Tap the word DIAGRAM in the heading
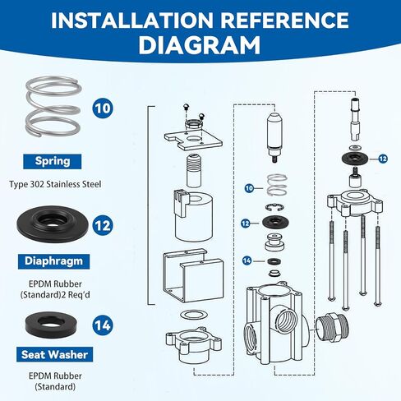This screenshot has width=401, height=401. pyautogui.click(x=200, y=46)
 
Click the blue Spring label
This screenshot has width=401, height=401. pyautogui.click(x=52, y=161)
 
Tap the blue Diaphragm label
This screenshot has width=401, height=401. pyautogui.click(x=52, y=261)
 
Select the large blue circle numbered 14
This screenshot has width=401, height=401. pyautogui.click(x=103, y=325)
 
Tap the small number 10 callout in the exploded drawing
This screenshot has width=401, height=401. pyautogui.click(x=249, y=188)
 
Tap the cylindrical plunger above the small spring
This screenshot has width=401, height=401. pyautogui.click(x=274, y=137)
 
